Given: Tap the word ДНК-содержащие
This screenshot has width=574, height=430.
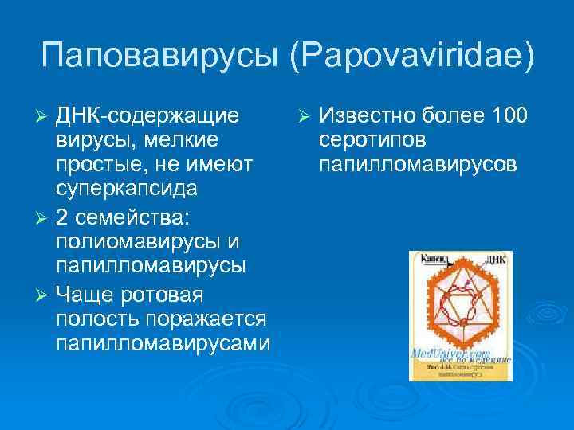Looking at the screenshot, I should click(147, 115).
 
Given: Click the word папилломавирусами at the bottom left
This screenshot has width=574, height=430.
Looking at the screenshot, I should click(163, 345).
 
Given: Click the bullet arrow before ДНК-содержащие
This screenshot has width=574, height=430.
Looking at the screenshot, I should click(45, 116).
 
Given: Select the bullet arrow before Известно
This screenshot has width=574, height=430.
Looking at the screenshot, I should click(304, 116).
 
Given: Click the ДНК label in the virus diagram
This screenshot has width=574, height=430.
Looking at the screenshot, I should click(495, 260).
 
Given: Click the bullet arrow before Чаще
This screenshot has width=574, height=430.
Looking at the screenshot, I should click(45, 295).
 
